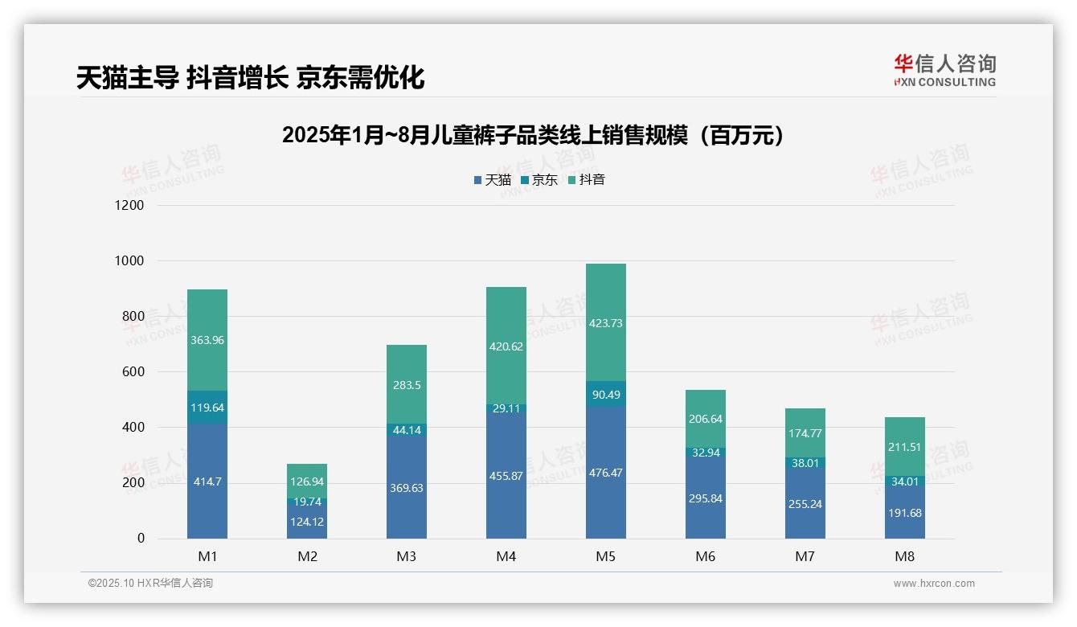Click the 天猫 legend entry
coord(493,180)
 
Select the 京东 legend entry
coord(539,180)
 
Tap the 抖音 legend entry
coord(587,180)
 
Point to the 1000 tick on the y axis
coord(129,261)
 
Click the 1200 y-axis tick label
coord(129,206)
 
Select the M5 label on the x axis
coord(605,557)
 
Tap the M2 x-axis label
coord(307,557)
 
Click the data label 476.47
coord(605,473)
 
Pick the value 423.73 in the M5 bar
coord(605,323)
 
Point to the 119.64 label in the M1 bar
coord(207,408)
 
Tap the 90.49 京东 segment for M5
coord(605,394)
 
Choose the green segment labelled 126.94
coord(307,482)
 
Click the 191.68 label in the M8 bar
coord(905,513)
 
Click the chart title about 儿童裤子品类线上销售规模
coord(533,136)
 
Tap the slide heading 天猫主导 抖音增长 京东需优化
coord(250,78)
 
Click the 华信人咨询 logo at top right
coord(944,70)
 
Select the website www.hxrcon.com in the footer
coord(934,584)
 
